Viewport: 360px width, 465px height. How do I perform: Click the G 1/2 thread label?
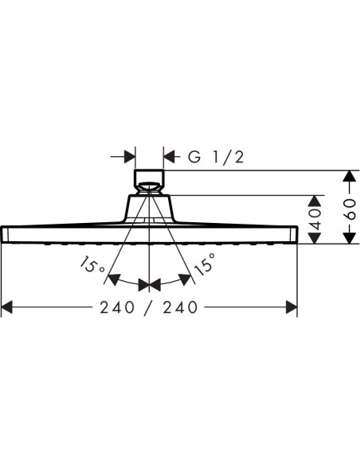point(216,157)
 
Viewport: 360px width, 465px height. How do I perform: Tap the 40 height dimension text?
point(315,220)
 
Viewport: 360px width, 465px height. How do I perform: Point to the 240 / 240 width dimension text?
point(149,307)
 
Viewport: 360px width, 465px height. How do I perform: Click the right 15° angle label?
point(205,264)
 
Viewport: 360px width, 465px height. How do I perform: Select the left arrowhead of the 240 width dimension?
point(7,307)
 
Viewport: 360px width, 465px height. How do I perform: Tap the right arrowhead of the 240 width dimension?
point(292,307)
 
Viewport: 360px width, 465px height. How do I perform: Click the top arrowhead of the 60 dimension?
point(350,176)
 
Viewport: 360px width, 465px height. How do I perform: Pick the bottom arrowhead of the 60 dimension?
point(350,238)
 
